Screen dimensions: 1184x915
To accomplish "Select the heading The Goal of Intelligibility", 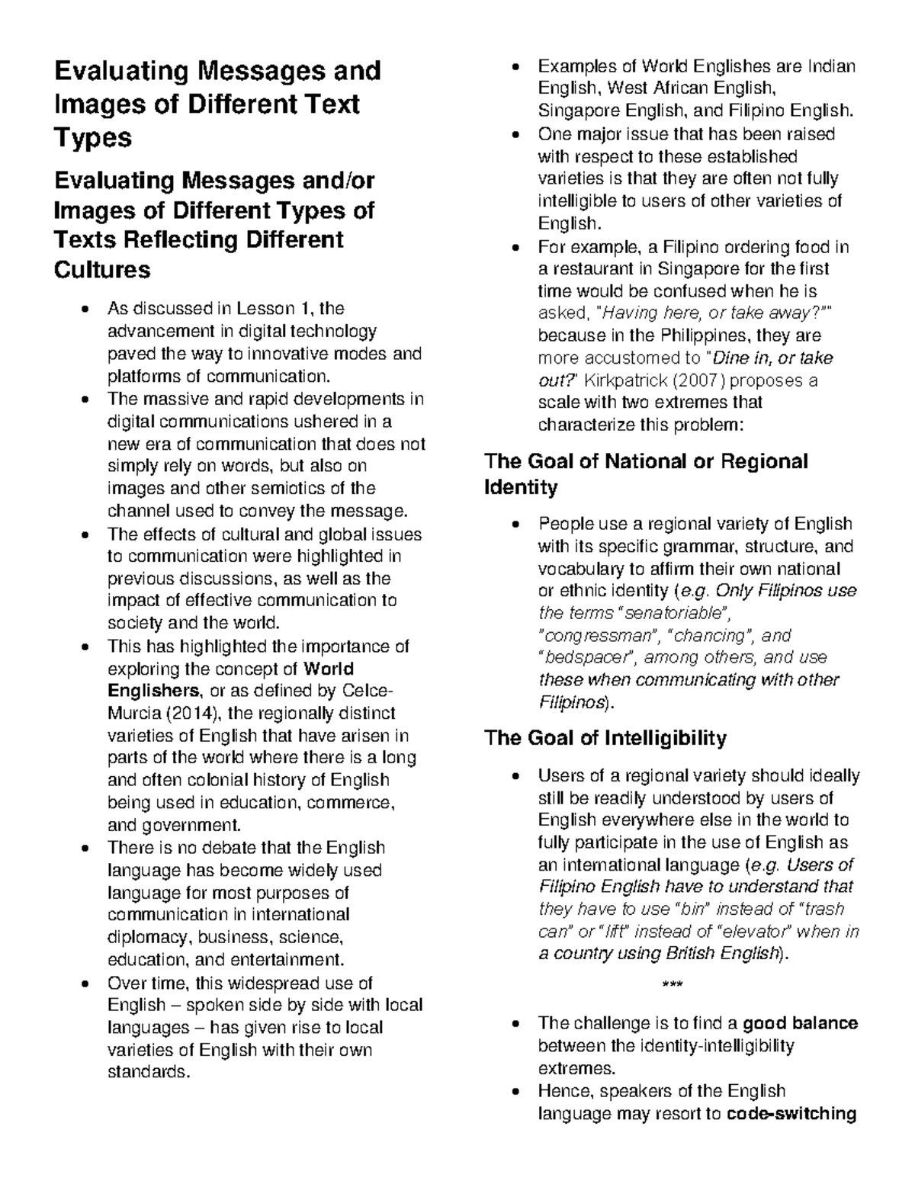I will point(605,738).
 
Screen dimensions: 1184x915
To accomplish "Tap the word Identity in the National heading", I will point(521,487).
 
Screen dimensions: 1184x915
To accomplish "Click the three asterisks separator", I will point(672,985).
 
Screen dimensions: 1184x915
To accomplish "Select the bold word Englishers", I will point(153,691).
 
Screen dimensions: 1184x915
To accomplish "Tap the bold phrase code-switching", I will point(792,1114).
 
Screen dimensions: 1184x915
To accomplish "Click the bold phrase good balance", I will point(801,1023).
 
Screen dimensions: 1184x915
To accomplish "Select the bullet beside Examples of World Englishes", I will point(517,67).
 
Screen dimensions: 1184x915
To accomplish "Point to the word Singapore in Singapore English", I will point(576,111).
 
